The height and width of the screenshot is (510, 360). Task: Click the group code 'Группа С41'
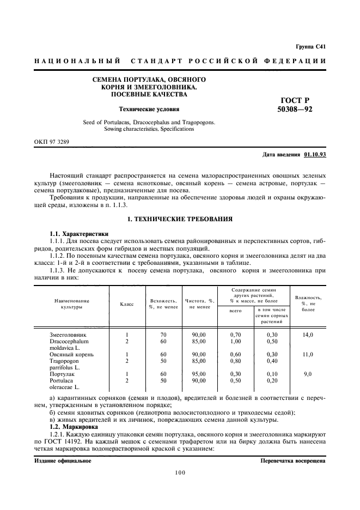[311, 47]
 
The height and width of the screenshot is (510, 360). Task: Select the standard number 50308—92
[295, 110]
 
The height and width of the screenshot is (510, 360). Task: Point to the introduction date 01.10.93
[315, 154]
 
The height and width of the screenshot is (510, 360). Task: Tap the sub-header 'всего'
[235, 311]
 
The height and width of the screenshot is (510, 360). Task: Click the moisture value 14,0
[308, 334]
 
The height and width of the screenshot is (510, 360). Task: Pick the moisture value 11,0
[308, 354]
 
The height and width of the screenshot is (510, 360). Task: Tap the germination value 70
[162, 334]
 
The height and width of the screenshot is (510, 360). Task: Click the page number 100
[180, 472]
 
